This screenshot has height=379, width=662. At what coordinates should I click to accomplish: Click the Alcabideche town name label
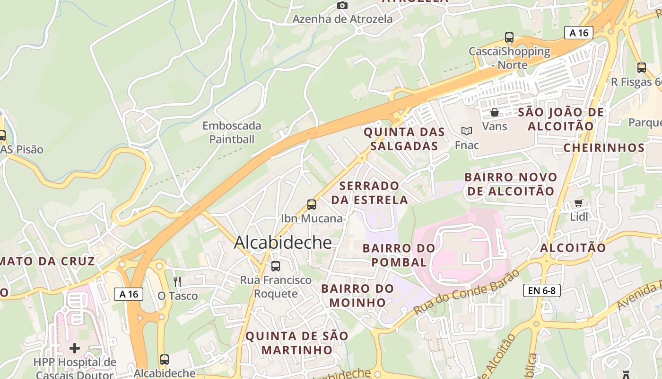(x=283, y=242)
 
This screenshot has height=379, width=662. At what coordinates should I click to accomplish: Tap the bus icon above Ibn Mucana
(x=312, y=205)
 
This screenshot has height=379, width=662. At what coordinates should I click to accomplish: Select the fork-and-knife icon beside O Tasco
(x=177, y=282)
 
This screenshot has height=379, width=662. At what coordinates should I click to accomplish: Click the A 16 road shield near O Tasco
(x=129, y=294)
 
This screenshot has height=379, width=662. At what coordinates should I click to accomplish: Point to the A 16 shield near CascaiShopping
(x=579, y=33)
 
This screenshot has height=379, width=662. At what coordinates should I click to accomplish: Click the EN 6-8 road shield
(x=541, y=290)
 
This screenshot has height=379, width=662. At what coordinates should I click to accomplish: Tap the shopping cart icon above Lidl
(x=578, y=203)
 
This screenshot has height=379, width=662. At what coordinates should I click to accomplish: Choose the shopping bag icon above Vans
(x=495, y=112)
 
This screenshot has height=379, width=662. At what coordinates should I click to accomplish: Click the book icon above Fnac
(x=467, y=131)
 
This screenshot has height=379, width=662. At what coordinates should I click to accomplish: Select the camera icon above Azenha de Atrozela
(x=342, y=5)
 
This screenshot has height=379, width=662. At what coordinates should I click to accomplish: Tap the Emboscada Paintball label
(x=232, y=132)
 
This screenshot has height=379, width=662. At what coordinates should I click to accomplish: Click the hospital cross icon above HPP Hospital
(x=75, y=349)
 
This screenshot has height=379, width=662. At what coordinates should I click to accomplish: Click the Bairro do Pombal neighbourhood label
(x=399, y=255)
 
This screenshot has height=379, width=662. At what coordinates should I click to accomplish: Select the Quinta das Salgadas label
(x=404, y=138)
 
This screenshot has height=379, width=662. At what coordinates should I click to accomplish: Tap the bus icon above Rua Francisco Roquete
(x=276, y=266)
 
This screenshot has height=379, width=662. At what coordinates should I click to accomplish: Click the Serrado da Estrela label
(x=369, y=192)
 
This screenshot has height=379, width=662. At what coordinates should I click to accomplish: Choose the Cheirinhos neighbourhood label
(x=604, y=148)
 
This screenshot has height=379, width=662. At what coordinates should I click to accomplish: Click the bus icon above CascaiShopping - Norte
(x=509, y=37)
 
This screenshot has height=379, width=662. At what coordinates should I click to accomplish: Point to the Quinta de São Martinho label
(x=297, y=343)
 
